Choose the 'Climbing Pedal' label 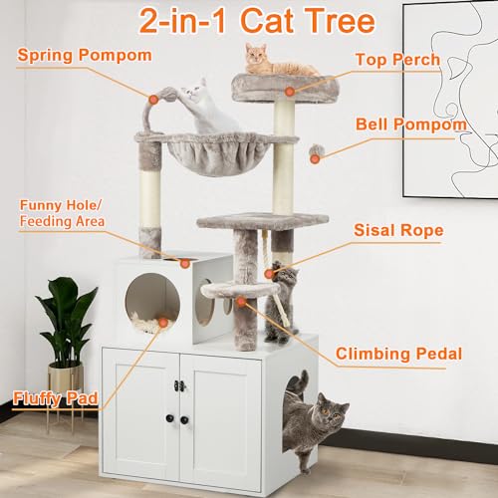pyautogui.click(x=399, y=353)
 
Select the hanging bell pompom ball pyautogui.click(x=317, y=151)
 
